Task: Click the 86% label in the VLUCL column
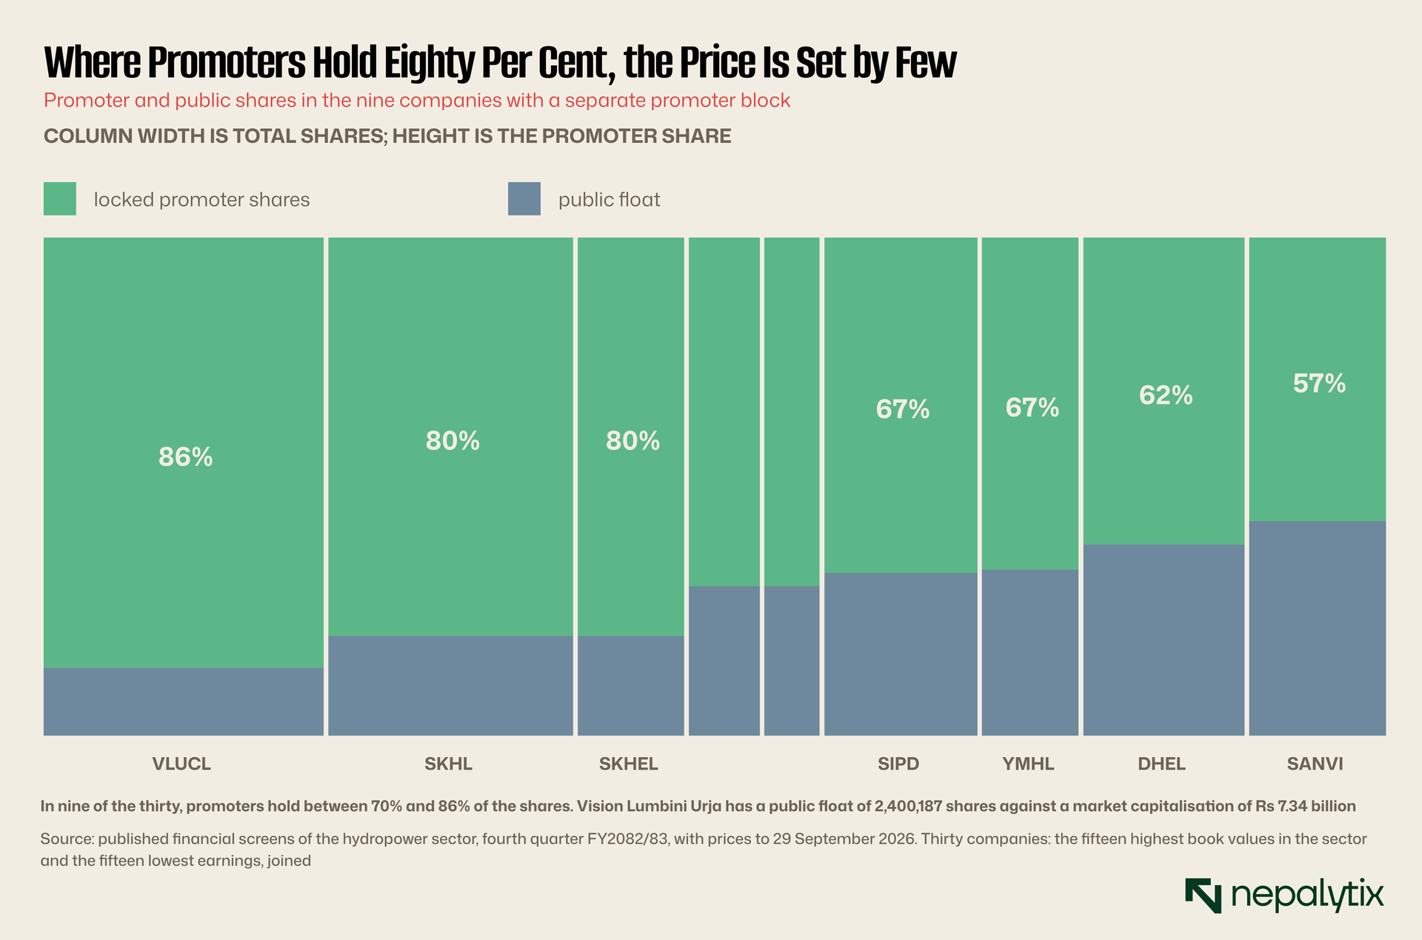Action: (185, 458)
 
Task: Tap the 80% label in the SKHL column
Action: (453, 441)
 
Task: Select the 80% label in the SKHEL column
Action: (632, 441)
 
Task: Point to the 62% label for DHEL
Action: (1166, 396)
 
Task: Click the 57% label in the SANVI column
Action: (1319, 384)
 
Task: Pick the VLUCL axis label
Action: (181, 764)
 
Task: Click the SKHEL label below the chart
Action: (628, 764)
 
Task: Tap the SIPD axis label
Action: (898, 764)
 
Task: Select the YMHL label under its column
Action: (1028, 764)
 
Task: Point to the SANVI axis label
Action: (1315, 764)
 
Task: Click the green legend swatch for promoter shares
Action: (60, 199)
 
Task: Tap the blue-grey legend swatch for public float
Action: (524, 199)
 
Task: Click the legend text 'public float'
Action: (609, 200)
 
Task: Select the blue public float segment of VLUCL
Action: (184, 701)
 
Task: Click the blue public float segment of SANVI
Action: (1318, 628)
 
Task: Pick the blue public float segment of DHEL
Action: (1164, 640)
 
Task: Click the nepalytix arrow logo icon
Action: (1203, 896)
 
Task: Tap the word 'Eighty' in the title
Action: (428, 64)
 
